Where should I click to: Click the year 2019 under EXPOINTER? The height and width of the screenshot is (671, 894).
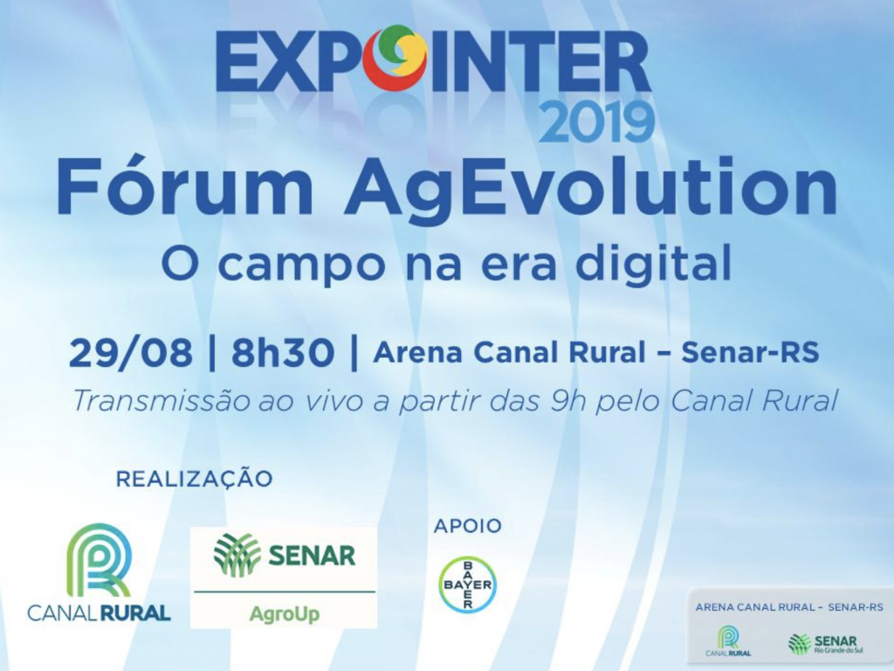pos(595,121)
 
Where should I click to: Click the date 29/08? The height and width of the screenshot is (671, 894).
pos(131,354)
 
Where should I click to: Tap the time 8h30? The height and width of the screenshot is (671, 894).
pos(282,353)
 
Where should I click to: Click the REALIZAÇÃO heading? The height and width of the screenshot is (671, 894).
pos(195,478)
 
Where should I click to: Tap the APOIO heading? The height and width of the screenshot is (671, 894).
pos(468,525)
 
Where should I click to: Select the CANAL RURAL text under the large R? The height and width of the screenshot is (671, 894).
pos(100,613)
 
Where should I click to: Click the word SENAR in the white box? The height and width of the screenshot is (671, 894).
pos(312,556)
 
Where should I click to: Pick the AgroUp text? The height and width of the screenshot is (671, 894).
pos(285,614)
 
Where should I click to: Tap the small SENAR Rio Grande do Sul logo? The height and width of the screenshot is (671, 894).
pos(822,644)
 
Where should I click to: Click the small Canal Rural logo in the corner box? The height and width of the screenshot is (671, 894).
pos(728,640)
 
